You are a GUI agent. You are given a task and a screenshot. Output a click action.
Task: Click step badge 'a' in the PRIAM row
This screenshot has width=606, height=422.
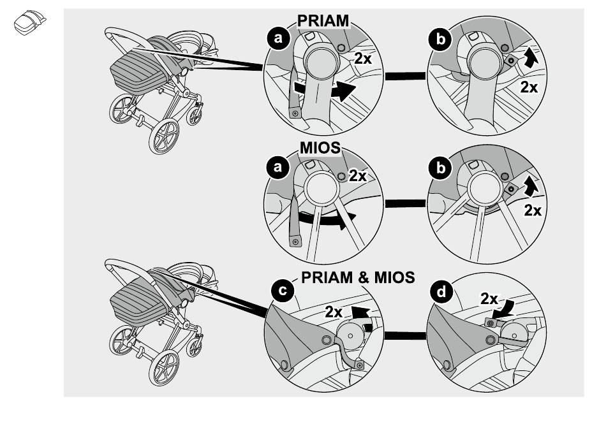(x=277, y=40)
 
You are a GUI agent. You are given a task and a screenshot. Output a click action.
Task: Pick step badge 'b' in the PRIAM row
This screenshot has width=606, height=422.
(x=440, y=40)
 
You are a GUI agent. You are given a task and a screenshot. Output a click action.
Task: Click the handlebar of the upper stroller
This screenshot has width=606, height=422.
(x=118, y=33)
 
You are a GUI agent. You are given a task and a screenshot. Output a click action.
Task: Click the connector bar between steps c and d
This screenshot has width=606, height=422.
(x=404, y=333)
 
